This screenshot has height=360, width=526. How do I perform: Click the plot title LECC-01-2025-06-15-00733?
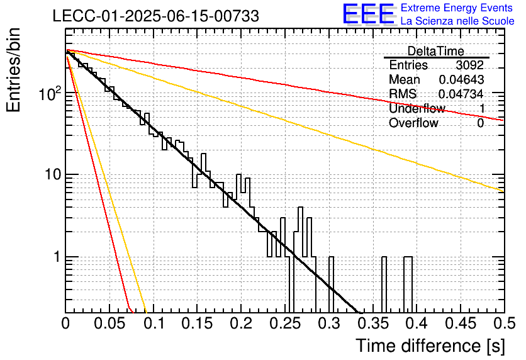[x=155, y=16]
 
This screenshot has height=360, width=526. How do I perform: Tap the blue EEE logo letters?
[x=368, y=14]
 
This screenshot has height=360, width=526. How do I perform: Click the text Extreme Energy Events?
[x=457, y=8]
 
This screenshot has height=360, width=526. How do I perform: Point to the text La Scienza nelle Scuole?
[x=457, y=21]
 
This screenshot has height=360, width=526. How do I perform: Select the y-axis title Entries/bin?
[x=13, y=70]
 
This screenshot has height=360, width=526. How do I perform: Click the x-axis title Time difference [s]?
[x=430, y=346]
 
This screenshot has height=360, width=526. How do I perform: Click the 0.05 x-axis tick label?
[x=109, y=323]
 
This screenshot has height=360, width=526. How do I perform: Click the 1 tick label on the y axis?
[x=57, y=257]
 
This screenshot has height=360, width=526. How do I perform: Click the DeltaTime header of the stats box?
[x=436, y=51]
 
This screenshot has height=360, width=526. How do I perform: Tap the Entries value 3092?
[x=469, y=65]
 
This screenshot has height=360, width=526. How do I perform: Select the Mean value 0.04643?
[x=461, y=79]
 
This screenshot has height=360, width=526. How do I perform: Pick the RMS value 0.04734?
[x=461, y=94]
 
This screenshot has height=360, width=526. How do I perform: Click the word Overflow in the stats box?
[x=413, y=123]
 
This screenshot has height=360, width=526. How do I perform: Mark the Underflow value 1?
[x=482, y=108]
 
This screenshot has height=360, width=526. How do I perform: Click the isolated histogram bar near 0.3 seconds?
[x=331, y=284]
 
